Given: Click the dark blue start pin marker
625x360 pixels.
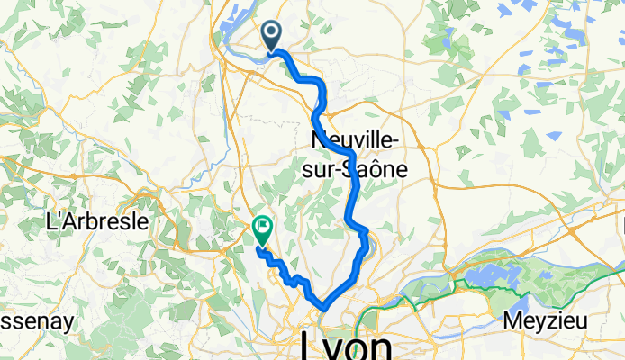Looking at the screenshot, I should click(271, 37).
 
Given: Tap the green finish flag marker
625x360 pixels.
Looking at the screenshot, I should click(263, 230).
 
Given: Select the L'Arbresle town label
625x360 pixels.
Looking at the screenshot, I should click(97, 223).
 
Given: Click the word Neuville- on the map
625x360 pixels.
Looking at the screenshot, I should click(357, 141).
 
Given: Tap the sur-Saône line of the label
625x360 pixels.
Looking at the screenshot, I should click(357, 168).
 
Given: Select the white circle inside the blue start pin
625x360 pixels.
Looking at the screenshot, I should click(271, 32).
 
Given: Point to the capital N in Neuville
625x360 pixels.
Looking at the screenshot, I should click(317, 141).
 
